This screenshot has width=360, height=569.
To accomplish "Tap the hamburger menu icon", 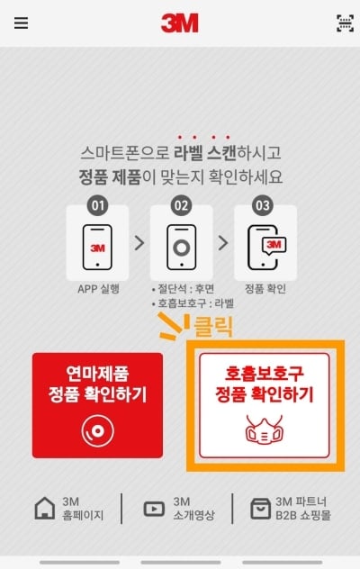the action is (x=21, y=23).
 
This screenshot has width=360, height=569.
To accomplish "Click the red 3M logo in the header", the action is (x=180, y=23).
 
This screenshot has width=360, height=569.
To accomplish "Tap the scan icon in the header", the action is (x=345, y=23).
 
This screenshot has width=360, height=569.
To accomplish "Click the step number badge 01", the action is (x=97, y=205).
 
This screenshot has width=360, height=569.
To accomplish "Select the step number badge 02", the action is (x=181, y=205).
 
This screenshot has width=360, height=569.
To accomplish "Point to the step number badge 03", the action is (x=263, y=205).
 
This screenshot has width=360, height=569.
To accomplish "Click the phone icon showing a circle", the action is (x=182, y=247).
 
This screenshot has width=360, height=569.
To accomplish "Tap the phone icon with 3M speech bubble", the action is (x=266, y=247).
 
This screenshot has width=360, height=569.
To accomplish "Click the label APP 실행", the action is (x=98, y=289).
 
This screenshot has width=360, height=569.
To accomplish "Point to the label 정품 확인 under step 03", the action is (x=265, y=289).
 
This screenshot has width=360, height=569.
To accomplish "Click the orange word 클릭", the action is (x=213, y=326).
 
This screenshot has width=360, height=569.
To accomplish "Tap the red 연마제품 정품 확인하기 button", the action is (x=97, y=405).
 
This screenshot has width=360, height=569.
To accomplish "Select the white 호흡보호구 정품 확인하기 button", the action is (x=265, y=405).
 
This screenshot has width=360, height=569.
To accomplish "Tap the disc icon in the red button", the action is (x=97, y=430).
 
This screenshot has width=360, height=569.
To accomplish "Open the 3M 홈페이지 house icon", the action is (x=45, y=508).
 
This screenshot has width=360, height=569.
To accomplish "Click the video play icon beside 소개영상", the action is (x=154, y=509).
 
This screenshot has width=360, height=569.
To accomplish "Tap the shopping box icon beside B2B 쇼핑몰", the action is (x=261, y=509).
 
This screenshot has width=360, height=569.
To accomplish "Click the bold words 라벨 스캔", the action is (x=205, y=153).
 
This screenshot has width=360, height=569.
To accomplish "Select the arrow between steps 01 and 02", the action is (x=139, y=243).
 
